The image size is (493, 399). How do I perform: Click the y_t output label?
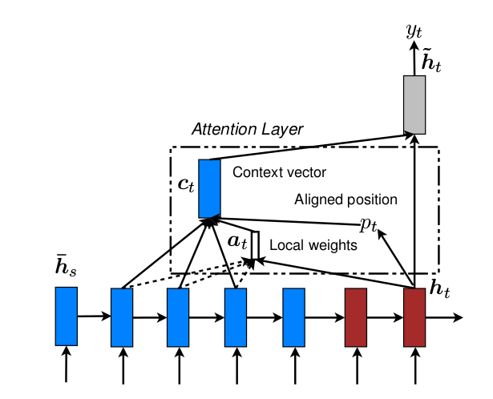pyautogui.click(x=414, y=32)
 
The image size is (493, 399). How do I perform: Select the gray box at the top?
pyautogui.click(x=414, y=104)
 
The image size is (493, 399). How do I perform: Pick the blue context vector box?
pyautogui.click(x=209, y=188)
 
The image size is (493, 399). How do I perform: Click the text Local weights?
pyautogui.click(x=313, y=245)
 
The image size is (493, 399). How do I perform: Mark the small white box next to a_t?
pyautogui.click(x=254, y=246)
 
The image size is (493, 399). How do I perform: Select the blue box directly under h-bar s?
pyautogui.click(x=66, y=316)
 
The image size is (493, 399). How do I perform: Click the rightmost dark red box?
pyautogui.click(x=414, y=316)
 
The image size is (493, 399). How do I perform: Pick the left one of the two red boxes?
pyautogui.click(x=356, y=316)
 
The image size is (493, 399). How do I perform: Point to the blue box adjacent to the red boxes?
pyautogui.click(x=294, y=316)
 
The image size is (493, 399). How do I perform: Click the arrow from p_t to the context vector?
pyautogui.click(x=289, y=221)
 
